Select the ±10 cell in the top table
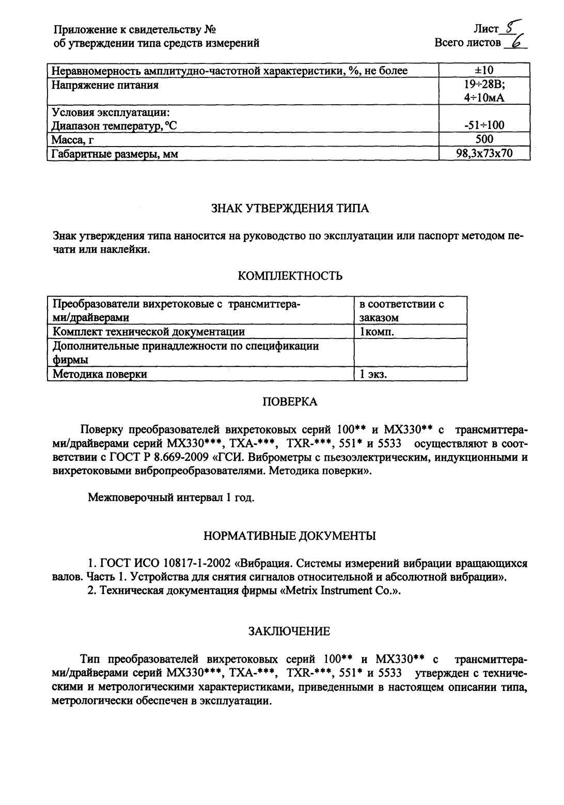[x=484, y=71]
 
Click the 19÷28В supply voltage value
[x=484, y=85]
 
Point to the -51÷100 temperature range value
[x=484, y=125]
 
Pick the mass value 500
[x=484, y=139]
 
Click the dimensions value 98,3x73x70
[x=484, y=153]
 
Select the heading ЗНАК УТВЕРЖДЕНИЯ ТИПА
[x=291, y=209]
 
